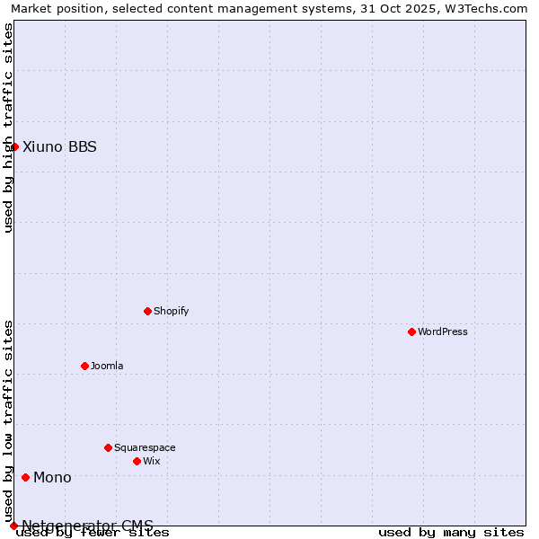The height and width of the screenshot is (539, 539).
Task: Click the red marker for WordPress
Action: point(411,331)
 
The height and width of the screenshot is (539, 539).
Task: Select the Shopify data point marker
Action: point(147,311)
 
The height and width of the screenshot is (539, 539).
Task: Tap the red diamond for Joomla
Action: point(84,366)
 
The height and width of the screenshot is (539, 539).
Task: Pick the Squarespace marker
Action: point(108,447)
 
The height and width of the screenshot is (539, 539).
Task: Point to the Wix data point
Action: point(137,461)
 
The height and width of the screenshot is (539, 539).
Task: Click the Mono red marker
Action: point(25,477)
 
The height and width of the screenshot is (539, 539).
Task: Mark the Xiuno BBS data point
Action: point(14,146)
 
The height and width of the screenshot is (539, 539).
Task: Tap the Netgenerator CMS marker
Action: point(13,526)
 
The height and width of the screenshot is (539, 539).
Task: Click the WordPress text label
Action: point(443,331)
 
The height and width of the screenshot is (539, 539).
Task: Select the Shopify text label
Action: point(171,311)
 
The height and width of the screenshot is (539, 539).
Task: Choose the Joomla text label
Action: point(107,366)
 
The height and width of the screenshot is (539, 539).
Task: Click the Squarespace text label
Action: point(145,447)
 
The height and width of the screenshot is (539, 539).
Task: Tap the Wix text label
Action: point(151,461)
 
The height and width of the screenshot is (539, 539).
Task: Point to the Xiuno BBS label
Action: point(59,146)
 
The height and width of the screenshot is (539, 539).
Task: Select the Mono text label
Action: point(52,477)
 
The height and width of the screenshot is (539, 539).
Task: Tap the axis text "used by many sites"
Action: point(451,533)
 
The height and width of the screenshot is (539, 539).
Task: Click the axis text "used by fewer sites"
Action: point(93,533)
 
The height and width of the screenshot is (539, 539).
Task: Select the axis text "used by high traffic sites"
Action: point(9,128)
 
